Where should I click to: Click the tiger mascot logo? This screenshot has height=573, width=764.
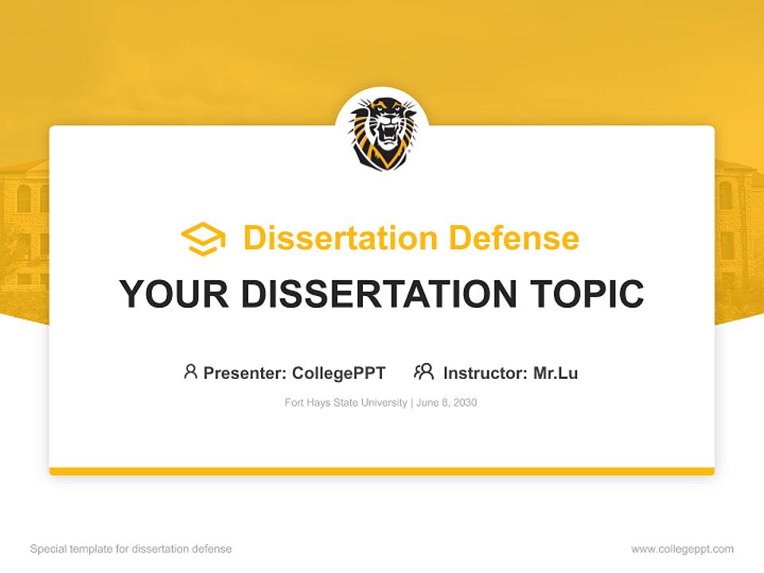tap(382, 133)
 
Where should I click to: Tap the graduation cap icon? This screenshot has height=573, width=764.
tap(203, 239)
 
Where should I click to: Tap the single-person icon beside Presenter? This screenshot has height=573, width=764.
tap(190, 372)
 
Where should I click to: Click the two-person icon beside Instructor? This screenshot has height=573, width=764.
tap(423, 372)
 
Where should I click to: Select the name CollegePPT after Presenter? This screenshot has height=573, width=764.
tap(339, 372)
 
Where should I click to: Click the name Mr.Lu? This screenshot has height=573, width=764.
tap(555, 372)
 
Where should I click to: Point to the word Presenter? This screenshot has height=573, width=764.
tap(246, 372)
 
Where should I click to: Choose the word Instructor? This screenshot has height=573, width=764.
tap(485, 372)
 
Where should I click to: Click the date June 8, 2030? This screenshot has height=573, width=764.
tap(446, 403)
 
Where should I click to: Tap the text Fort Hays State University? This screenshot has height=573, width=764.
tap(346, 403)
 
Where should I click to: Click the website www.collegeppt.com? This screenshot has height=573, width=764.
tap(682, 549)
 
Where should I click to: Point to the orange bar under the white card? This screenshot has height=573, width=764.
tap(382, 471)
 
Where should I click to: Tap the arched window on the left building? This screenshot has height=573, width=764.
tap(24, 198)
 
